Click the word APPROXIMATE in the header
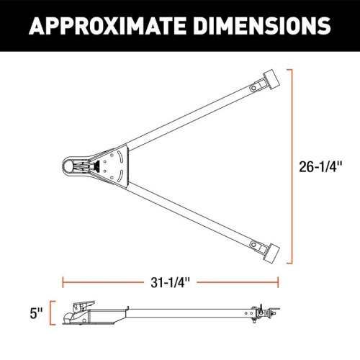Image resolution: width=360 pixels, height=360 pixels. coord(107,25)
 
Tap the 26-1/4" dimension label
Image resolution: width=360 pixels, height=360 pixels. coord(320,166)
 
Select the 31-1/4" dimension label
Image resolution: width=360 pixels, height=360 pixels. coord(170,282)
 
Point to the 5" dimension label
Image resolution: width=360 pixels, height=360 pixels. coord(36,313)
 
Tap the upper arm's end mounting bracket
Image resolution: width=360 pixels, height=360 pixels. coord(271,81)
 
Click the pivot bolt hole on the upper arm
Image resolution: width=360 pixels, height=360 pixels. coord(253,88)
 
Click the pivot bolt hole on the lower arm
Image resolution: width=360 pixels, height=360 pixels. coord(253,245)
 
